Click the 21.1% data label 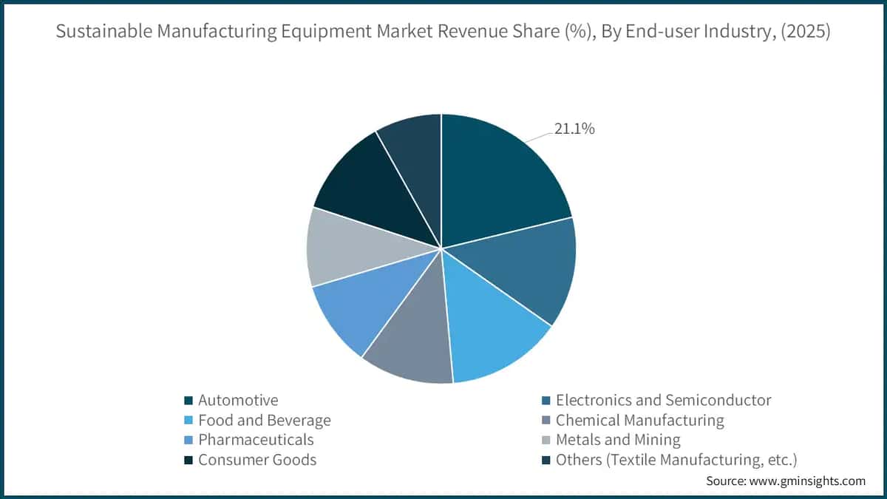click(574, 129)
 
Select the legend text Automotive click(238, 401)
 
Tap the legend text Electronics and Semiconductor click(663, 401)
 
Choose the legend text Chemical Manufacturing click(639, 421)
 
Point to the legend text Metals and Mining click(618, 440)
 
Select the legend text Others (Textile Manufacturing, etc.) click(676, 460)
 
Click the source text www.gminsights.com click(811, 481)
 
